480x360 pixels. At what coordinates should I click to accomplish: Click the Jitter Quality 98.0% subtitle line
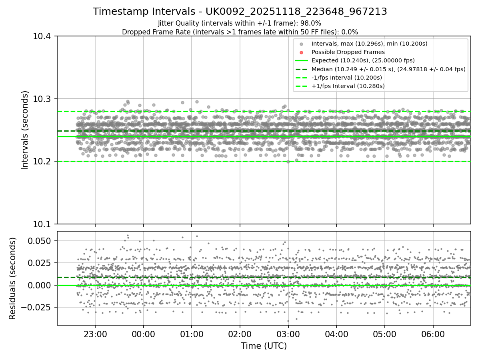(240, 23)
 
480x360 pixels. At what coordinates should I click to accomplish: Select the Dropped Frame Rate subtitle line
(240, 32)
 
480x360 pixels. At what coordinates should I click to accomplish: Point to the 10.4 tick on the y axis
(42, 36)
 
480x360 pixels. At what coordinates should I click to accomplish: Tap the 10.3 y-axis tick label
(42, 99)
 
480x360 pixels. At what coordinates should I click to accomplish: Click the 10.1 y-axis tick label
(42, 224)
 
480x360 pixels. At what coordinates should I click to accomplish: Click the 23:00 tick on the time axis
(95, 334)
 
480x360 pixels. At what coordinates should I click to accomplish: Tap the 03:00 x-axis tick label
(288, 334)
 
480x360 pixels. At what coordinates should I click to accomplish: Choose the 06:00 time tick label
(433, 334)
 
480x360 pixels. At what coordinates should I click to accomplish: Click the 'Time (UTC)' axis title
(264, 346)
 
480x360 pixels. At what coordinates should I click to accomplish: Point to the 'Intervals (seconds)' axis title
(25, 130)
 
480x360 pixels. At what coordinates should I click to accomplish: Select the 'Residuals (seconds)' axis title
(13, 278)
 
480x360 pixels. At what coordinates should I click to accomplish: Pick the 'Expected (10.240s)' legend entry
(363, 60)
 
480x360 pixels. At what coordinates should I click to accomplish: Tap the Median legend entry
(388, 69)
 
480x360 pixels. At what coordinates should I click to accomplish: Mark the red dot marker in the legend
(302, 52)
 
